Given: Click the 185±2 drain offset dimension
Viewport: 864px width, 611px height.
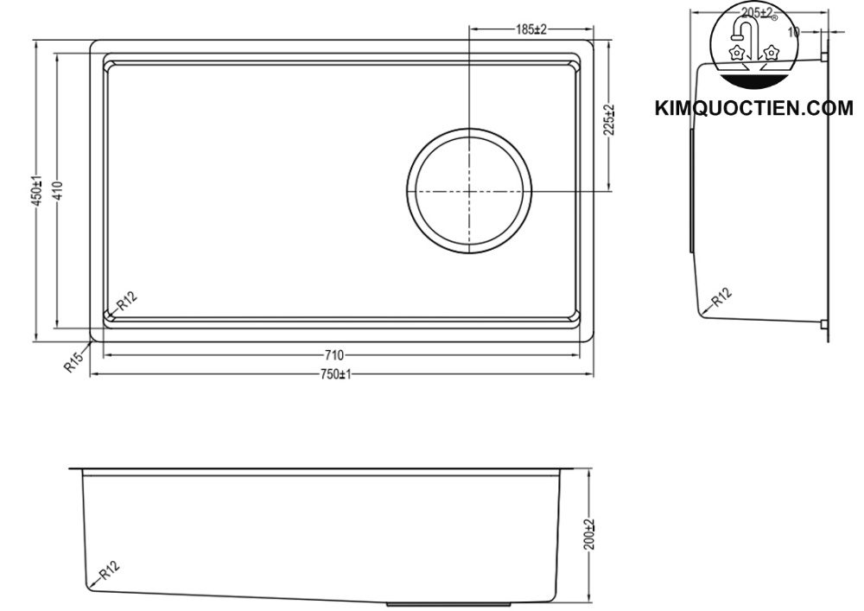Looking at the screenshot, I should click(x=531, y=29).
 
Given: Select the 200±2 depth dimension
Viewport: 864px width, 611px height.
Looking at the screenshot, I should click(x=589, y=536).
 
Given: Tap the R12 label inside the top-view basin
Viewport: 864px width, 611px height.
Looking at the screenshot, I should click(x=126, y=302).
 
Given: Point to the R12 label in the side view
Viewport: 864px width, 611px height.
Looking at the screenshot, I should click(x=721, y=298).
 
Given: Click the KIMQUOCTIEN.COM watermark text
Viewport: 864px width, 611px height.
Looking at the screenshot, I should click(x=753, y=109).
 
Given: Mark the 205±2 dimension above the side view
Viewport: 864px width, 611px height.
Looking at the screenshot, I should click(x=757, y=12).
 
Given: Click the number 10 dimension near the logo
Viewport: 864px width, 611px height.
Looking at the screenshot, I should click(x=794, y=31).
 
